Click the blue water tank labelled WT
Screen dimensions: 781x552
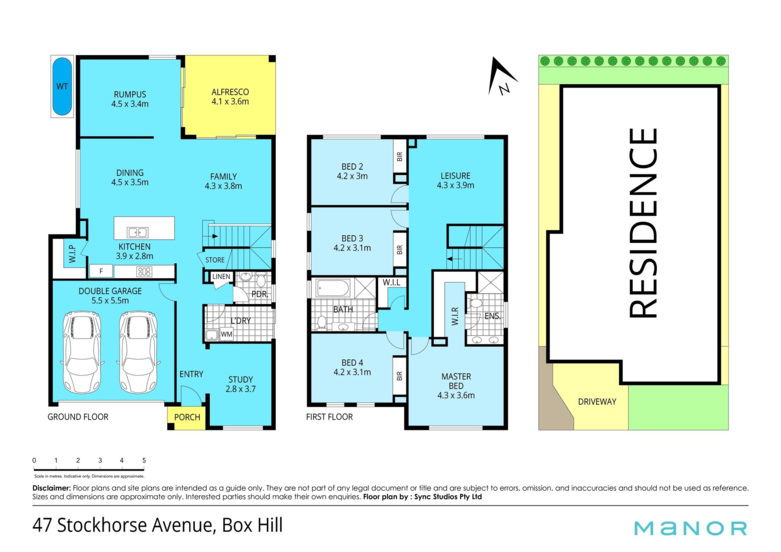(x=62, y=86)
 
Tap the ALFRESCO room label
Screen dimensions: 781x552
(x=230, y=92)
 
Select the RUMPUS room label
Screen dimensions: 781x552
(x=130, y=94)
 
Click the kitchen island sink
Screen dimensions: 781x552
(x=137, y=232)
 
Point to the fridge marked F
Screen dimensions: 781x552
(x=101, y=271)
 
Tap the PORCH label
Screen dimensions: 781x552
(x=187, y=417)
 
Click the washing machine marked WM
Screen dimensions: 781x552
(x=227, y=334)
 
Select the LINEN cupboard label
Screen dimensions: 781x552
(x=221, y=277)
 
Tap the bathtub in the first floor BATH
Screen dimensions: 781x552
(x=333, y=288)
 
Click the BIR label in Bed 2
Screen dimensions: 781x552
(x=400, y=156)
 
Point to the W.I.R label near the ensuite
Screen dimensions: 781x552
(x=455, y=316)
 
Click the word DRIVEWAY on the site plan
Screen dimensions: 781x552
(x=597, y=402)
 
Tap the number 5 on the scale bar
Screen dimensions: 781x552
(x=144, y=460)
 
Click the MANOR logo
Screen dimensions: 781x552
(x=691, y=528)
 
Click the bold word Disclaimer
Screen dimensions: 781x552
(x=52, y=488)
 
